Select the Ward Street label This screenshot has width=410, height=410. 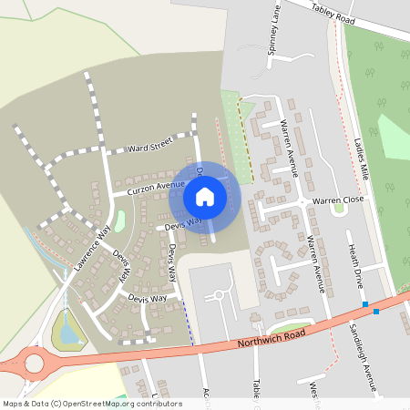(x=150, y=146)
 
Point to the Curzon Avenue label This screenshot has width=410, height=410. (x=149, y=187)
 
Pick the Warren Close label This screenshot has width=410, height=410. (x=338, y=199)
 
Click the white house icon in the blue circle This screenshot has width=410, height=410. (x=205, y=196)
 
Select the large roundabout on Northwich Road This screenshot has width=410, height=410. (x=35, y=364)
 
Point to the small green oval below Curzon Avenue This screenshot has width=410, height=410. (x=120, y=221)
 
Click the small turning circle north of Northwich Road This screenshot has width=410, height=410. (x=219, y=294)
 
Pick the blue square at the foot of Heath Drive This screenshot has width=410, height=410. (x=364, y=304)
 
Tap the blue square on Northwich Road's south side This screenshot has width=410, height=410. (x=376, y=313)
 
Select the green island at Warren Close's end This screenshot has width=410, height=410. (x=339, y=208)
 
